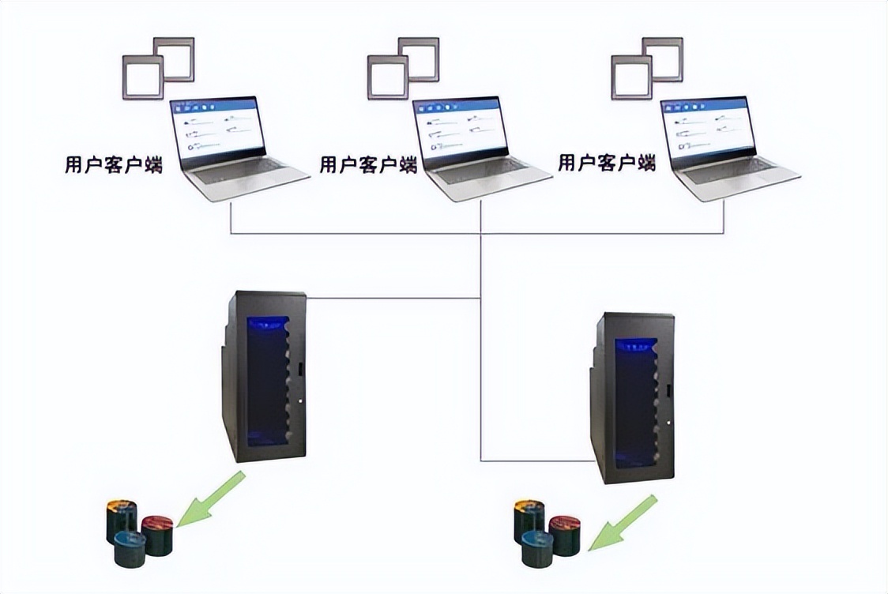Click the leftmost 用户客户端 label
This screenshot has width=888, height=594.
point(114,166)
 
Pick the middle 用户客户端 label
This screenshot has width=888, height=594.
point(368,165)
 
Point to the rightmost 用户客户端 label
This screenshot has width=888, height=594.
point(607,164)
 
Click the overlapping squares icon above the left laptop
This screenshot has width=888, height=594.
point(158,68)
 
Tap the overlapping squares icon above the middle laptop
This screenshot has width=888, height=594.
point(403,68)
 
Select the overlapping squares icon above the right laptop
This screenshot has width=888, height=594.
point(646,68)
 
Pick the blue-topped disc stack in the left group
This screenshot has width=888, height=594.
point(131,549)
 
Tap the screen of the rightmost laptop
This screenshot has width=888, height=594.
point(708,126)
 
